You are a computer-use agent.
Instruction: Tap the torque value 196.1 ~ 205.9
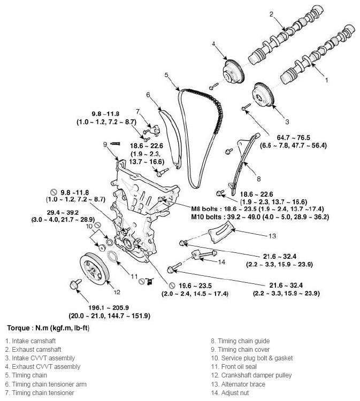point(109,308)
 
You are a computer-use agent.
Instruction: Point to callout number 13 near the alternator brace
point(272,236)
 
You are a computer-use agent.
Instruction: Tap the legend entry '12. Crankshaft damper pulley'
point(251,375)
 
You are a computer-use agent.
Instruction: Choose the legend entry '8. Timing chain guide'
point(241,341)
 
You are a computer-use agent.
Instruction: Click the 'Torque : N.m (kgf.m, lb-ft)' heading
point(48,328)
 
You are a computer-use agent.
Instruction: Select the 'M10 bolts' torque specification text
point(259,217)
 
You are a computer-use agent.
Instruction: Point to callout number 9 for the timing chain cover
point(105,144)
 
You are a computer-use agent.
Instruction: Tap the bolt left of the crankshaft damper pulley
point(74,284)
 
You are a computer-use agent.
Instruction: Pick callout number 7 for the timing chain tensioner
point(137,111)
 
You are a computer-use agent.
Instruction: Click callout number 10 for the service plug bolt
point(90,227)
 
